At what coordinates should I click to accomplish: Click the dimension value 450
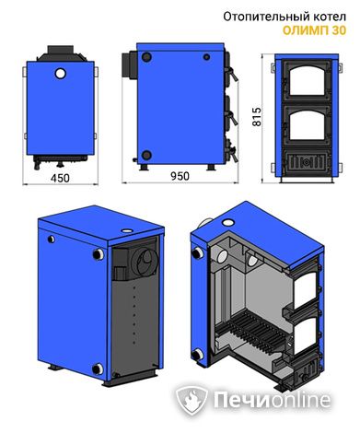[60, 178]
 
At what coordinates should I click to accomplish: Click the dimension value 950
[180, 176]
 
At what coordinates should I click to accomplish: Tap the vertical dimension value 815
[256, 116]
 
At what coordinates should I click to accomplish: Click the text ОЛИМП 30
[314, 30]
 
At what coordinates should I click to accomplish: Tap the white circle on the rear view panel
[61, 73]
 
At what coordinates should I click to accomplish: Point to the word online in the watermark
[300, 400]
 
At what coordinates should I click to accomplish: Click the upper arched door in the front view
[307, 81]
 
